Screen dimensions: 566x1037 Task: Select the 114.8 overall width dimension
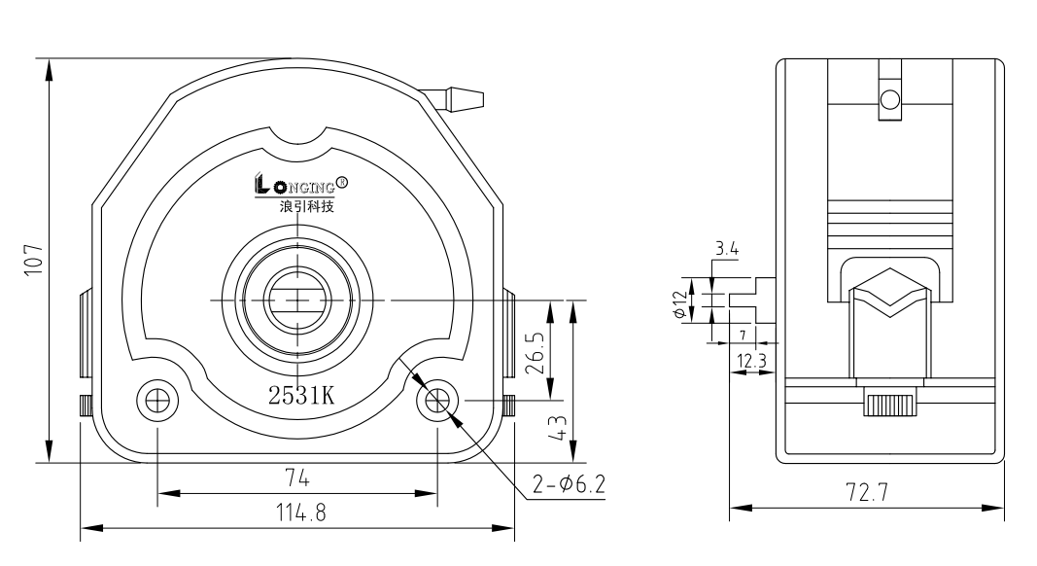click(298, 513)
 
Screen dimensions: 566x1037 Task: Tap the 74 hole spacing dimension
click(297, 478)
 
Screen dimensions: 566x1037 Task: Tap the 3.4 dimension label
click(726, 249)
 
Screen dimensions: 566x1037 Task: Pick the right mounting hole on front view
click(438, 400)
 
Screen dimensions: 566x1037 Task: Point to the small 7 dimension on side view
click(743, 335)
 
